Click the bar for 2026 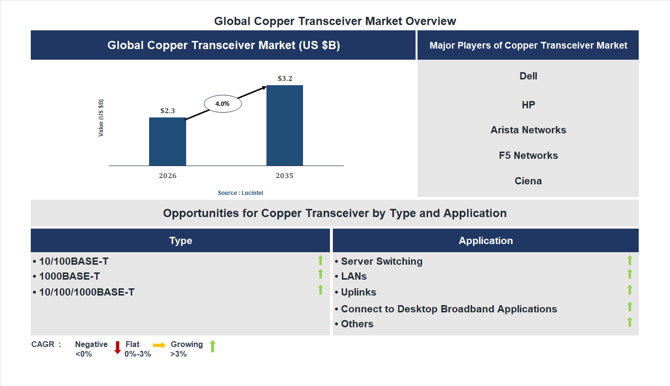pos(167,142)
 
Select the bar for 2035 pos(285,126)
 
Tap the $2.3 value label pos(167,111)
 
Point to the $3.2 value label pos(285,78)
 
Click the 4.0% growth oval pos(223,103)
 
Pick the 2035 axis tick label pos(284,176)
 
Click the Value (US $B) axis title pos(101,118)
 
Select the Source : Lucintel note pos(240,193)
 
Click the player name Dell pos(528,76)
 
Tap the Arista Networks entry pos(528,130)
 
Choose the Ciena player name pos(528,181)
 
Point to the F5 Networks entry pos(528,155)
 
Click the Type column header pos(180,241)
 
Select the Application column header pos(485,241)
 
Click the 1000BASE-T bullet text pos(69,276)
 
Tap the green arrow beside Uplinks pos(630,290)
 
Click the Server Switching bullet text pos(381,261)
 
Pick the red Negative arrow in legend pos(117,347)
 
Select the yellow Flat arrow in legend pos(159,345)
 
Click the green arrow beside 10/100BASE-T pos(320,260)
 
